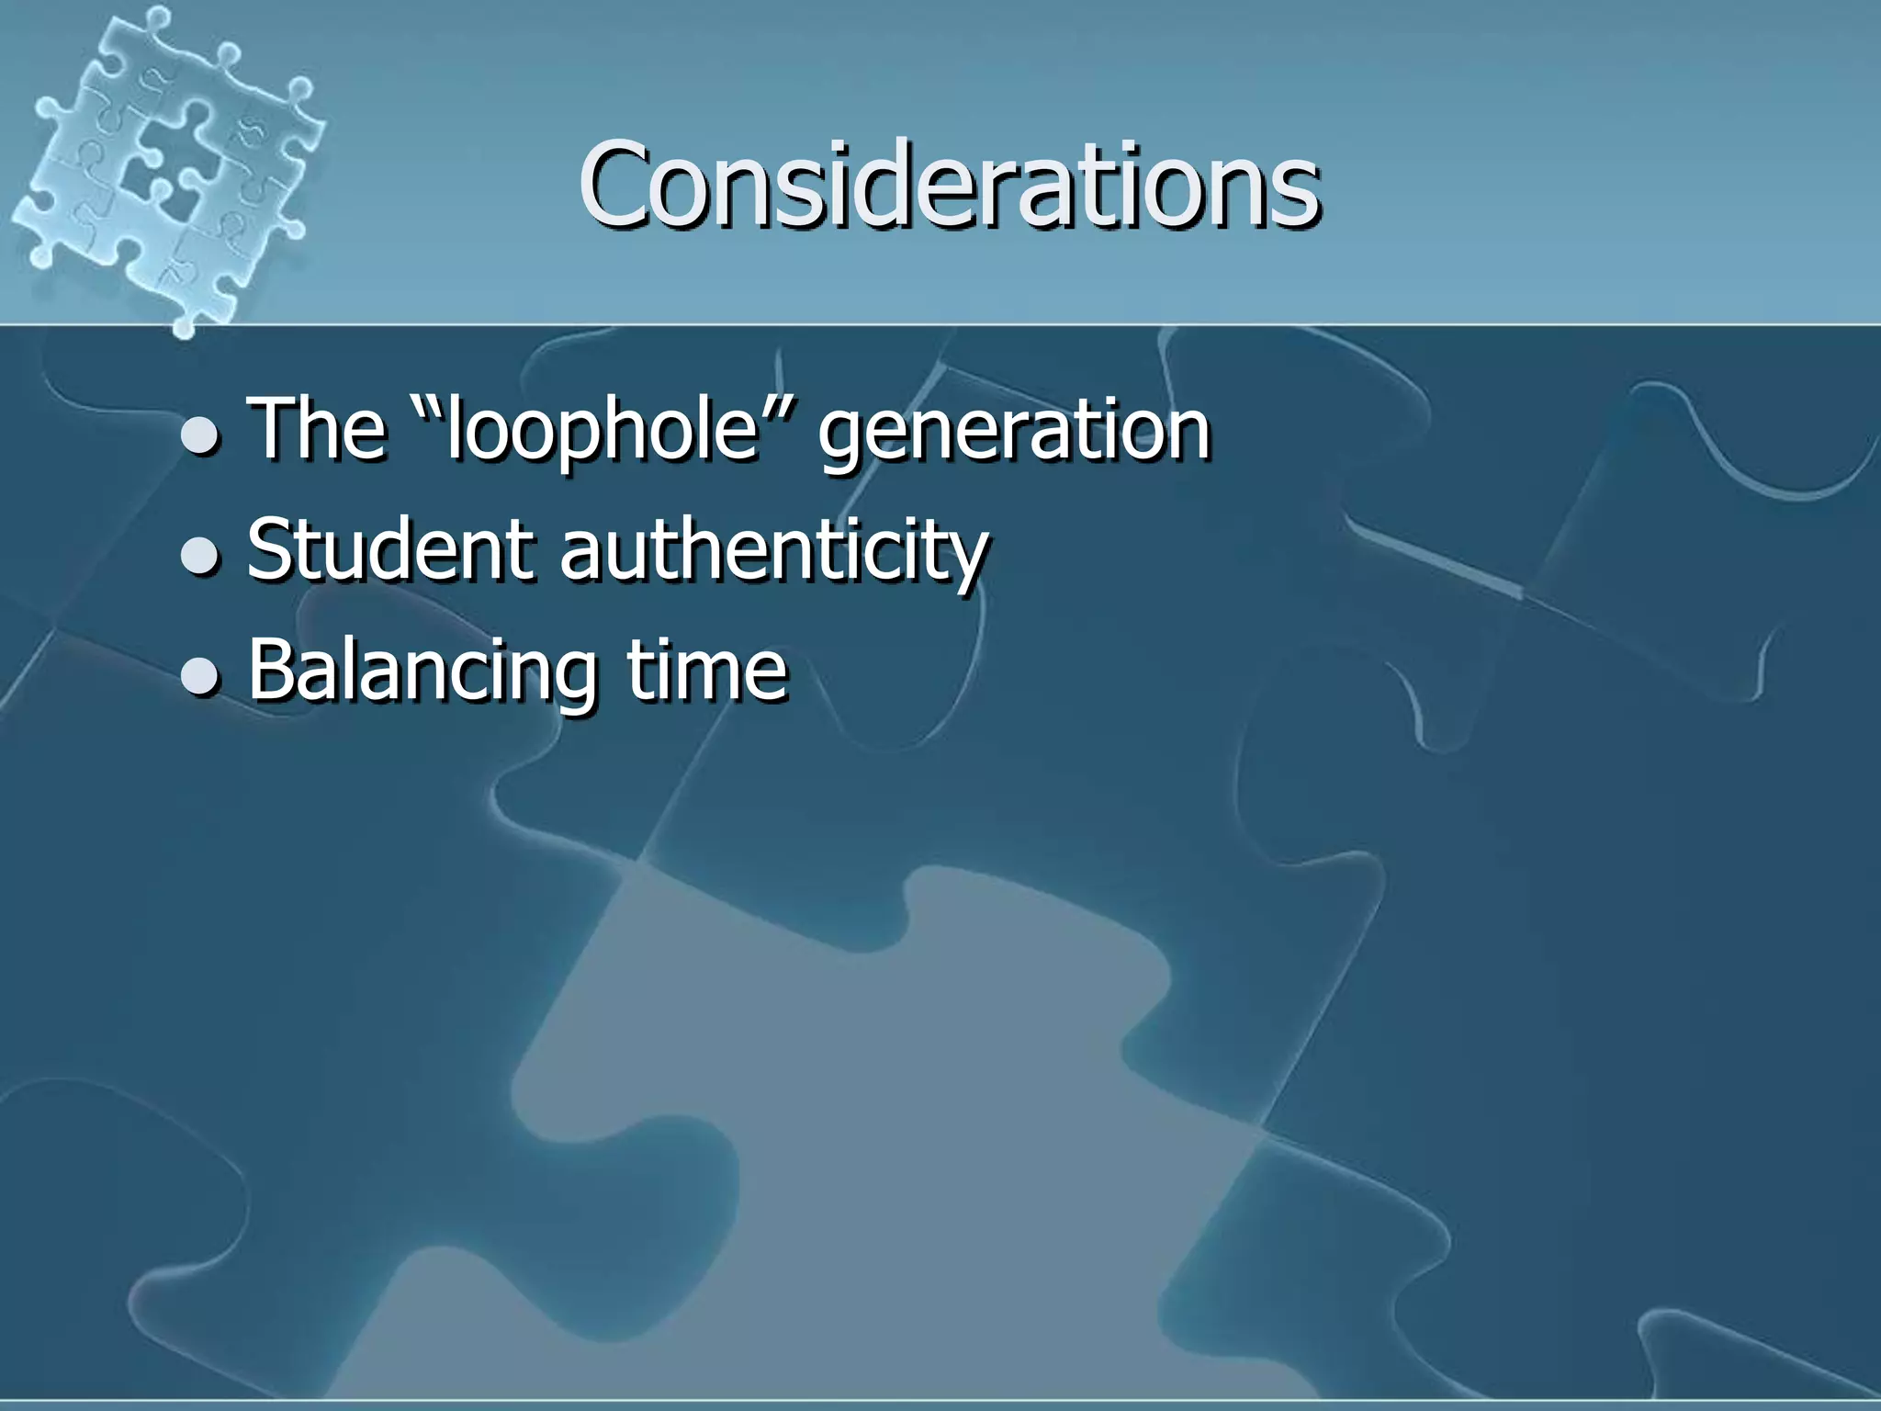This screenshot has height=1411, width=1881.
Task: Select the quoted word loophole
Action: pyautogui.click(x=602, y=430)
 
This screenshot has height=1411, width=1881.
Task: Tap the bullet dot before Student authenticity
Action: pyautogui.click(x=199, y=557)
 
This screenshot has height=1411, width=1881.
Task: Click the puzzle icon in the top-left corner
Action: pyautogui.click(x=165, y=165)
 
